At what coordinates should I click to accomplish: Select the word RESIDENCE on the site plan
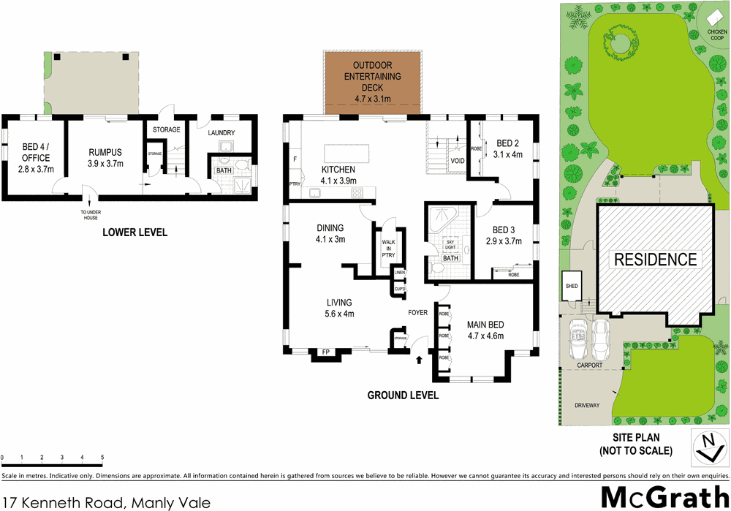(x=655, y=259)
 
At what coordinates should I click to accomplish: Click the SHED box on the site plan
(x=572, y=287)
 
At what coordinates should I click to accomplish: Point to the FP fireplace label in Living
(x=325, y=353)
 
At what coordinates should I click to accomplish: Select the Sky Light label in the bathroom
(x=450, y=244)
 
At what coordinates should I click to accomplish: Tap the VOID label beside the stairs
(x=458, y=160)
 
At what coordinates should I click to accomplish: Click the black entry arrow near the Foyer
(x=419, y=360)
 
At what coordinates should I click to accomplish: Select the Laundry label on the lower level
(x=221, y=132)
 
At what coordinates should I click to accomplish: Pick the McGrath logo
(x=664, y=496)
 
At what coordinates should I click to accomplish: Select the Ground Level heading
(x=403, y=395)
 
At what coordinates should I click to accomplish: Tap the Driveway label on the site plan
(x=586, y=404)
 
